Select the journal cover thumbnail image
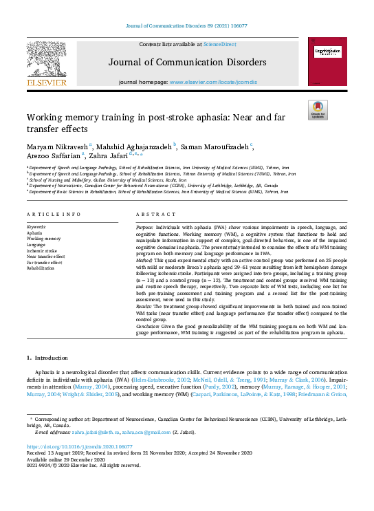(x=326, y=62)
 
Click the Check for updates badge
(x=318, y=110)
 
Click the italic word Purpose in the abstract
(x=144, y=226)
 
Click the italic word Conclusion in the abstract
(x=148, y=327)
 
